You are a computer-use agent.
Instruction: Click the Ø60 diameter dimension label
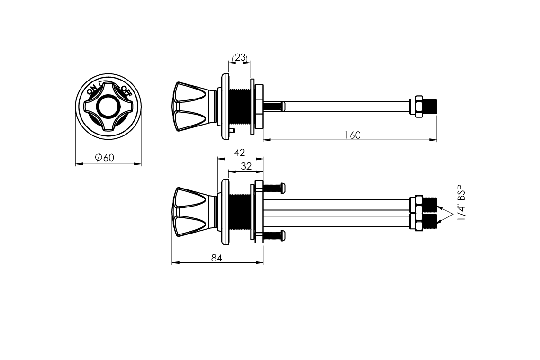coord(104,157)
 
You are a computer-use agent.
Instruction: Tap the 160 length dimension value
coord(352,135)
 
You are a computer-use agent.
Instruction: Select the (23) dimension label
coord(240,57)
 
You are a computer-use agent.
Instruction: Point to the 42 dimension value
coord(239,152)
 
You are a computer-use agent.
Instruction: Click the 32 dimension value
coord(246,166)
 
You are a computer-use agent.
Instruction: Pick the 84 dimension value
coord(216,258)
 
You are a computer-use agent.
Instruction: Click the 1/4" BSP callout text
coord(461,204)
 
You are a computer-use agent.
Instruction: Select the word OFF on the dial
coord(126,90)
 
